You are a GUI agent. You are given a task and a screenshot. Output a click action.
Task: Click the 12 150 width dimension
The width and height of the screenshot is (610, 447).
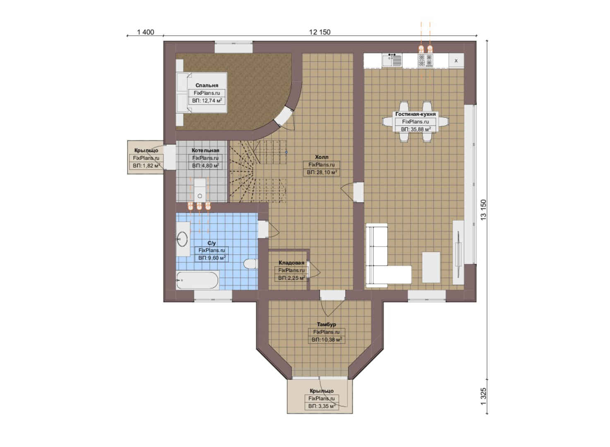320,32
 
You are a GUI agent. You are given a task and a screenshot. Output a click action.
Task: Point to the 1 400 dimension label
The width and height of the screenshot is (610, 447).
145,32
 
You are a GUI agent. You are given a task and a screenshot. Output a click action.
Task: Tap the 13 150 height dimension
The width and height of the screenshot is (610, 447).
483,210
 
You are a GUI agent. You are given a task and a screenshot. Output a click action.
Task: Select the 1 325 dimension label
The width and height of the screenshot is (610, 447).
483,397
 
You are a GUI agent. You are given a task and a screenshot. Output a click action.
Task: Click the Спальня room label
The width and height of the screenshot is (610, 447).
207,85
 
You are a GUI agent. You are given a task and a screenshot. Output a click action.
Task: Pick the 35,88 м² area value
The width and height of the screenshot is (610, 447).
415,129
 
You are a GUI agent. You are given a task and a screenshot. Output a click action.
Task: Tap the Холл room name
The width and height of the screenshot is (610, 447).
322,157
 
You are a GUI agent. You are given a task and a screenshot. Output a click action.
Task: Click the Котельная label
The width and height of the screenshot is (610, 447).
205,150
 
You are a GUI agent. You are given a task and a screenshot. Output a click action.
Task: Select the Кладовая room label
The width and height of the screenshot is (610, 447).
291,262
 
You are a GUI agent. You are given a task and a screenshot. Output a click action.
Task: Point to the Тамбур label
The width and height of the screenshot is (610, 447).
326,324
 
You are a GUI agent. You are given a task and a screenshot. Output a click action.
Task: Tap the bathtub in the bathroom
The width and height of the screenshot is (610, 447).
197,280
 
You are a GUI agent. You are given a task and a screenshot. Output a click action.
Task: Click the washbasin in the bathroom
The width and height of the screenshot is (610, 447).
183,239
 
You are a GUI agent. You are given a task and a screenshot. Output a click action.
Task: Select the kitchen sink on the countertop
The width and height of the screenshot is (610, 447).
392,60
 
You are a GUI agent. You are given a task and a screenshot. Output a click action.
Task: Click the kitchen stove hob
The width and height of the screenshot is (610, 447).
425,60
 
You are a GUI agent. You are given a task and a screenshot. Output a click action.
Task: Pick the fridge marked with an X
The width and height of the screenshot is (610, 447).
456,61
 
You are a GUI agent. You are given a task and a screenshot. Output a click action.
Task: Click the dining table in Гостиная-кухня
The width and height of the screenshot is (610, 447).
415,122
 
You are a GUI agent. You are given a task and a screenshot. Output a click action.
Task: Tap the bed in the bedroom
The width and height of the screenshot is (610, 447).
202,93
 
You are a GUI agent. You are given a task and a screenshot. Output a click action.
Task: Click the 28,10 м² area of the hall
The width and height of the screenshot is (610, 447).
322,173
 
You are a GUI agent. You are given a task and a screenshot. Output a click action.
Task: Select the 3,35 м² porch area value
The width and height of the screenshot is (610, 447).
322,406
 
